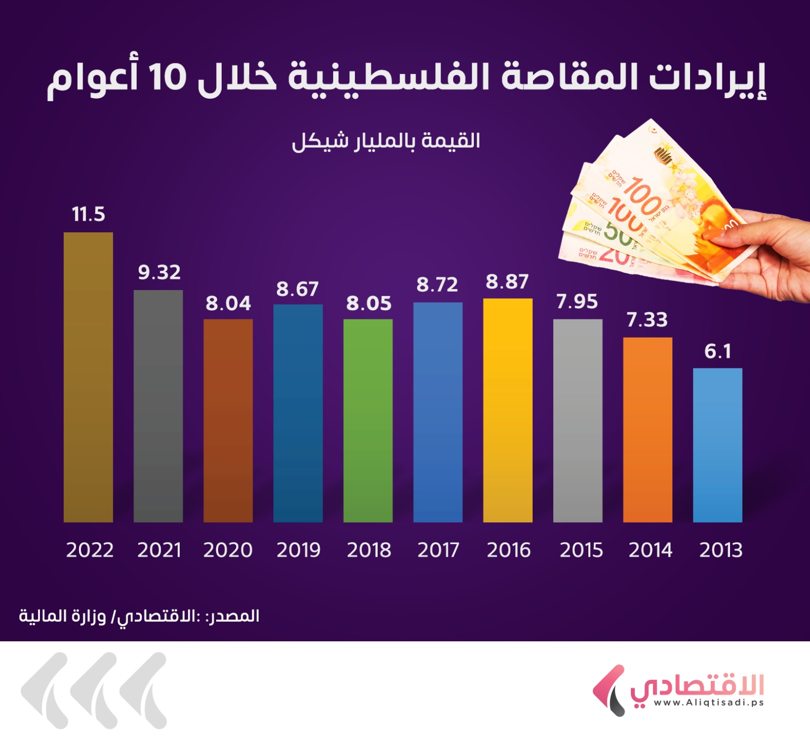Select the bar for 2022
tap(88, 377)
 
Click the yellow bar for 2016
tap(508, 410)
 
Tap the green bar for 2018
tap(368, 420)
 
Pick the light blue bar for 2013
tap(717, 445)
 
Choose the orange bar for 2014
tap(647, 430)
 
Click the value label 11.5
tap(89, 214)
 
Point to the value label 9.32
tap(159, 272)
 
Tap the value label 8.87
tap(507, 281)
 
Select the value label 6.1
tap(718, 351)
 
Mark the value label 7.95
tap(577, 302)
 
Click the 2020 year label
tap(228, 550)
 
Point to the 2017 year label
tap(438, 550)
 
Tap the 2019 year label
tap(298, 550)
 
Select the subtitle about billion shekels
tap(386, 141)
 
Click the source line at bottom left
tap(139, 616)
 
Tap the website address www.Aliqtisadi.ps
tap(708, 703)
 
